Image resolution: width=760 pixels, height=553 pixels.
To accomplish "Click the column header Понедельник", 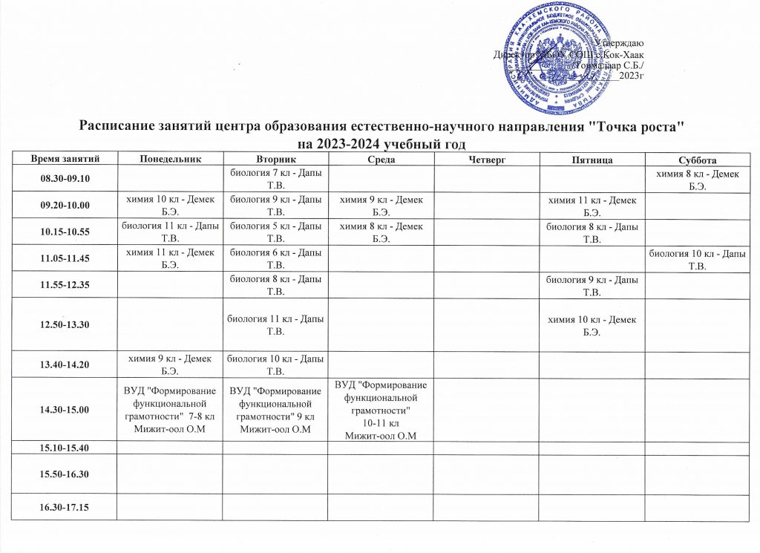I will (x=170, y=159).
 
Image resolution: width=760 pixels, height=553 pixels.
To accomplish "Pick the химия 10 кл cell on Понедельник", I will (x=170, y=204).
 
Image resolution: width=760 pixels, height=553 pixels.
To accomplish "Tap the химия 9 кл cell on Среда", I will (x=382, y=204).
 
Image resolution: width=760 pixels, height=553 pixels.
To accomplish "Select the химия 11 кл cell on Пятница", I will (x=592, y=204).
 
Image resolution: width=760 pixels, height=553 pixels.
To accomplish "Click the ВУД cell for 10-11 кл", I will (x=382, y=409).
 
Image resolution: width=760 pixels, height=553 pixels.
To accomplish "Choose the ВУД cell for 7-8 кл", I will (x=170, y=409).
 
